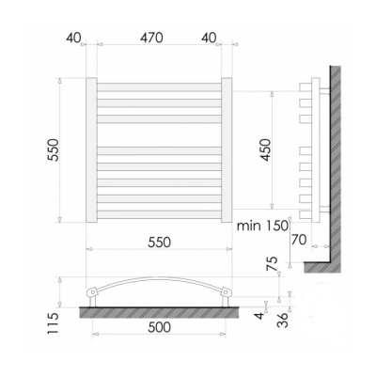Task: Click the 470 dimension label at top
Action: tap(151, 38)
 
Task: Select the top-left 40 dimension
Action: tap(73, 38)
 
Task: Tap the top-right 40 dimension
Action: tap(209, 38)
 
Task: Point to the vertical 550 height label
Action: tap(54, 149)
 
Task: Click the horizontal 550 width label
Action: tap(160, 243)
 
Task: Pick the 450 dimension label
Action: tap(265, 149)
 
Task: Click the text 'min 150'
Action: tap(262, 226)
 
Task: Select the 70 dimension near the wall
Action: tap(299, 240)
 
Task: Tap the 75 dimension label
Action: tap(272, 263)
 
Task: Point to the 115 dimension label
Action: tap(54, 323)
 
